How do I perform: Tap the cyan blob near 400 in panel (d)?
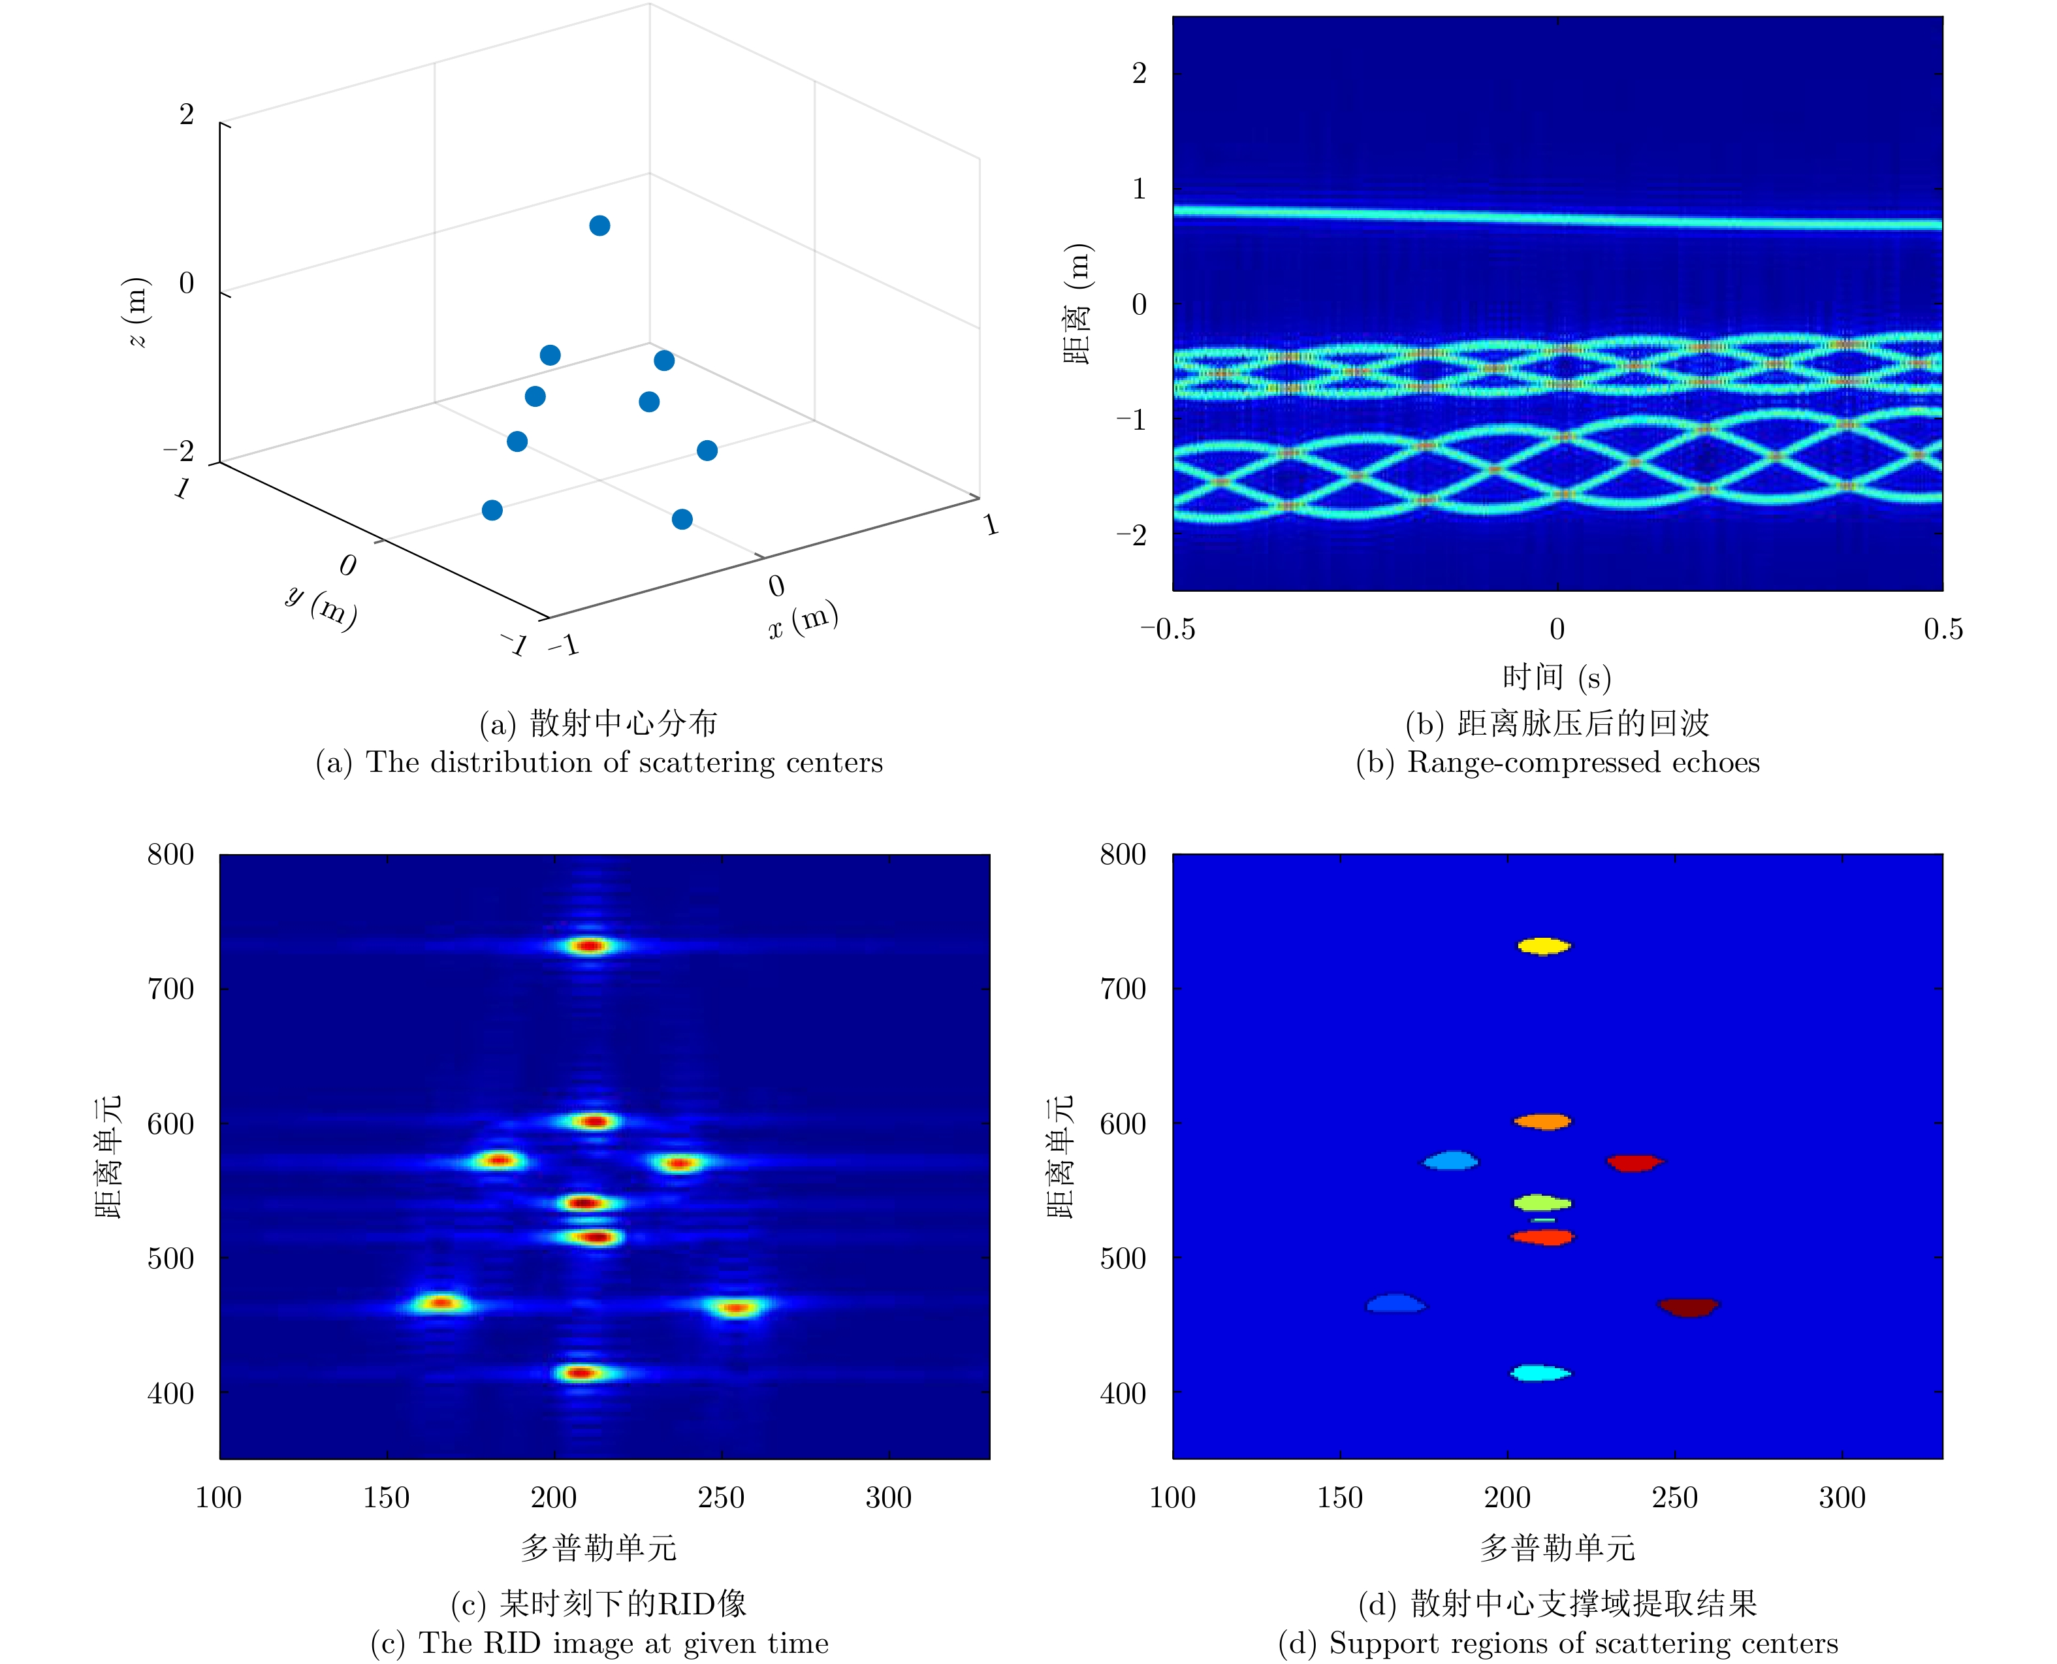pyautogui.click(x=1540, y=1373)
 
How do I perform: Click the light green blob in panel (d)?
pyautogui.click(x=1541, y=1202)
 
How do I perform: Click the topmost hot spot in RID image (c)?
pyautogui.click(x=590, y=946)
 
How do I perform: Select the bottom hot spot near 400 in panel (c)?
pyautogui.click(x=581, y=1373)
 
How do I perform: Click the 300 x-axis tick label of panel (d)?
pyautogui.click(x=1842, y=1497)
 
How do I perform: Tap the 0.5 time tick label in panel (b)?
pyautogui.click(x=1942, y=629)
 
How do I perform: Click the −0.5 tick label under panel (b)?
pyautogui.click(x=1168, y=629)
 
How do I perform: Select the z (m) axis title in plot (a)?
pyautogui.click(x=137, y=312)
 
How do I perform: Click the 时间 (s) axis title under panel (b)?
pyautogui.click(x=1557, y=678)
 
